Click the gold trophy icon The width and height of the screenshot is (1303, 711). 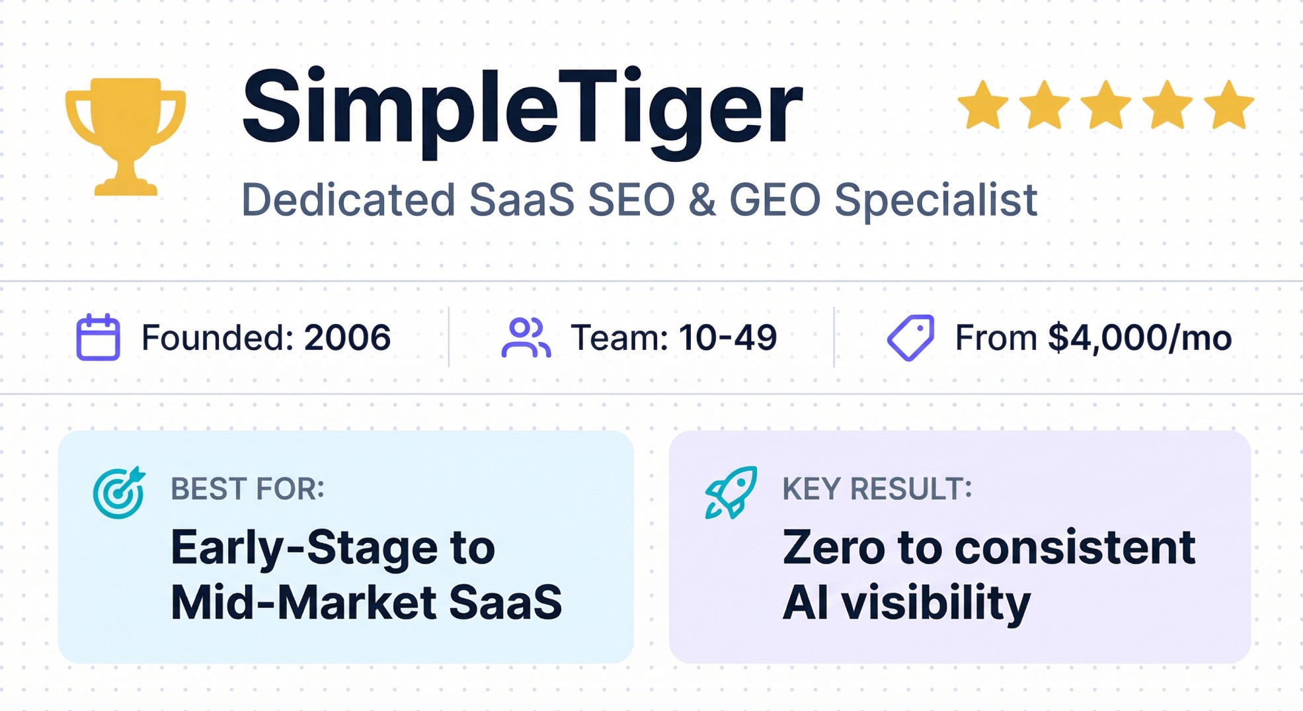(x=125, y=136)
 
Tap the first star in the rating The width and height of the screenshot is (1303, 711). (x=983, y=105)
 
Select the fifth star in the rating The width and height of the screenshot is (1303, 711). (x=1229, y=105)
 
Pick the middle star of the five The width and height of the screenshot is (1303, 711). (x=1106, y=105)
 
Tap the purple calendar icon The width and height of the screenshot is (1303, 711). (x=98, y=337)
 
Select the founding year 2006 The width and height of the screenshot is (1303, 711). (x=347, y=337)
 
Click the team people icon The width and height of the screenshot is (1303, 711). (x=526, y=337)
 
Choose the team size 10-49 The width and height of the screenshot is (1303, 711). (x=728, y=337)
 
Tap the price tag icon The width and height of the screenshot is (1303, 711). (x=910, y=337)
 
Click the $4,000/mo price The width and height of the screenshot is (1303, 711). (x=1140, y=337)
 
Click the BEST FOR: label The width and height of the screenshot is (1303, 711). (x=247, y=489)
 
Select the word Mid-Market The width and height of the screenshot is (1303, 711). (x=303, y=602)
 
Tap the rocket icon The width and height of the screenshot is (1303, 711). (x=730, y=493)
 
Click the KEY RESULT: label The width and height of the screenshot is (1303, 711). (x=877, y=489)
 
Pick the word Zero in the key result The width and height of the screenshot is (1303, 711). (x=834, y=548)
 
